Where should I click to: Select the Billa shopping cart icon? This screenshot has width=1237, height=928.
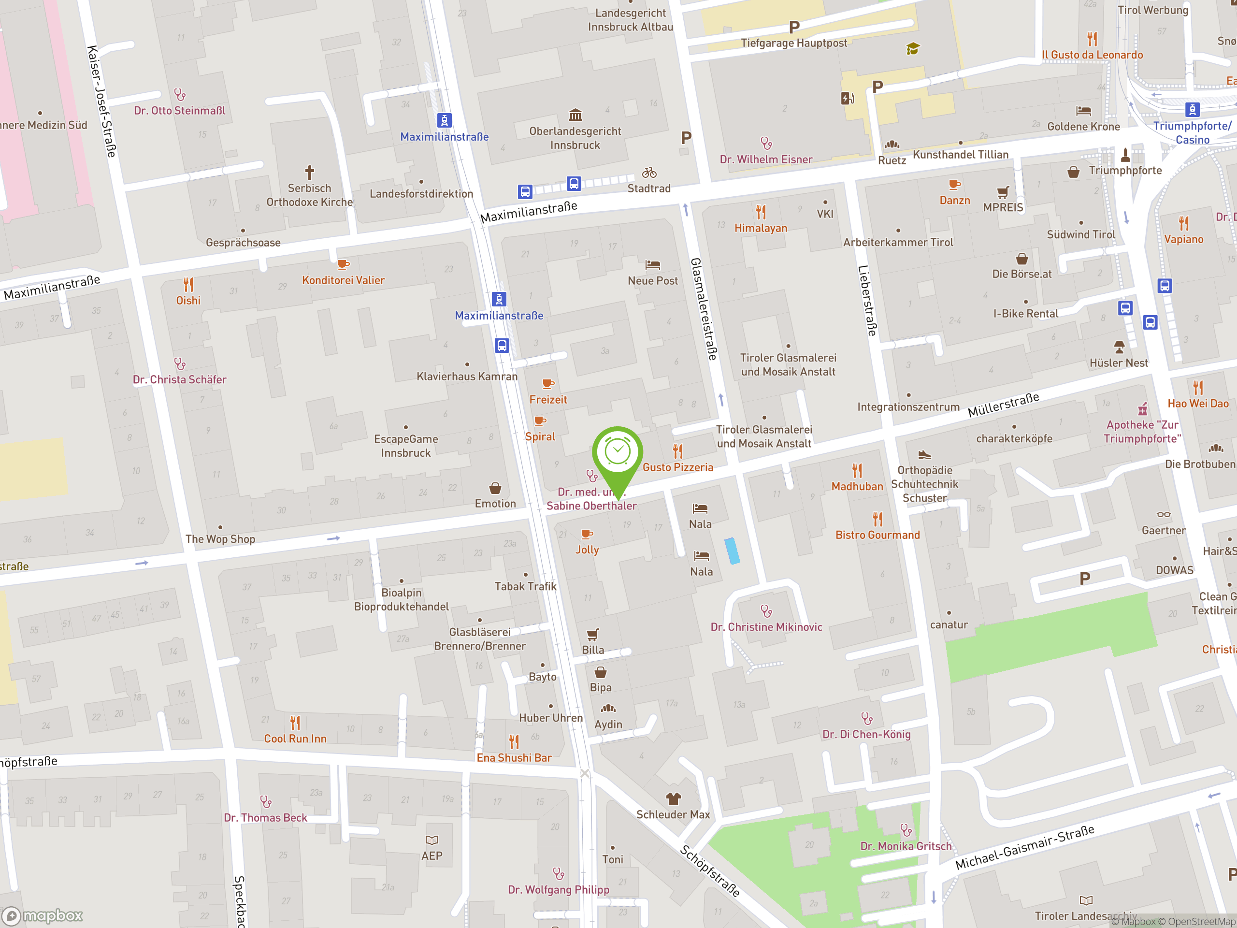click(593, 634)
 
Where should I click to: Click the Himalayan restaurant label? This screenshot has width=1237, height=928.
click(761, 228)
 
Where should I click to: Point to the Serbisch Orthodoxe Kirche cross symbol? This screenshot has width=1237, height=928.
click(309, 172)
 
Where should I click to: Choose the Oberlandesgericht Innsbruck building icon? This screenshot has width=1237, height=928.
click(575, 115)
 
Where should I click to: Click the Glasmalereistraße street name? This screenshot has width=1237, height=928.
click(704, 309)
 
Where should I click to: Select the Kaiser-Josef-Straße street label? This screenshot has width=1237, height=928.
click(102, 101)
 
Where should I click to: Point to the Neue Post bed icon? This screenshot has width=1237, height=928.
click(653, 264)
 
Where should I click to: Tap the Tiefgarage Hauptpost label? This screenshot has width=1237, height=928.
click(793, 43)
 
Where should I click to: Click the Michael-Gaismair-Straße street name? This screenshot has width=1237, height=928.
click(1024, 847)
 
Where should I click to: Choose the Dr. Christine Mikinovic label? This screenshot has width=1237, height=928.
click(766, 627)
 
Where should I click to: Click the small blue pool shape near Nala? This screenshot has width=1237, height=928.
click(732, 551)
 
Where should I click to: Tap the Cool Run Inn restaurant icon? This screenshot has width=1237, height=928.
click(295, 723)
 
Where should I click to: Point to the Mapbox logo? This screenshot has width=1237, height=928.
click(43, 916)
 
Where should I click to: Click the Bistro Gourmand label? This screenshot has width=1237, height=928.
click(877, 535)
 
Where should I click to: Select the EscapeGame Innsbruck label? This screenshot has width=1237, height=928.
click(406, 446)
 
